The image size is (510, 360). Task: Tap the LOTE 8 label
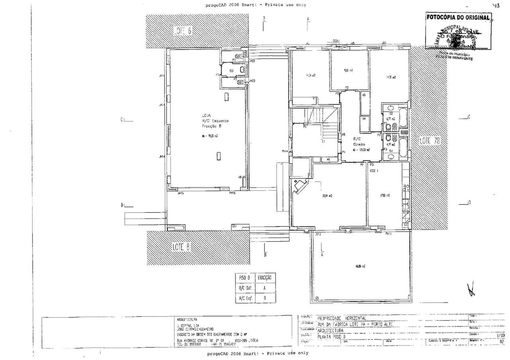182,247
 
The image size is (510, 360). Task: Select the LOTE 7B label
430,140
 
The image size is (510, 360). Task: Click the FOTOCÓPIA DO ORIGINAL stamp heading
457,18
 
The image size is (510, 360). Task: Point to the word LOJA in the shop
206,115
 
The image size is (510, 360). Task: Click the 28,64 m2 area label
327,196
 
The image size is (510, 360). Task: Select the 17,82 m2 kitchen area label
384,195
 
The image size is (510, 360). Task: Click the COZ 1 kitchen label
375,170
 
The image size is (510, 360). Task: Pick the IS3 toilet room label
231,71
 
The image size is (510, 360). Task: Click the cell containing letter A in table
264,287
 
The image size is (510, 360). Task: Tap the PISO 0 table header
244,277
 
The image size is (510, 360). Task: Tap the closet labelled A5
364,95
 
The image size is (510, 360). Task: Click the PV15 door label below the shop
232,193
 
